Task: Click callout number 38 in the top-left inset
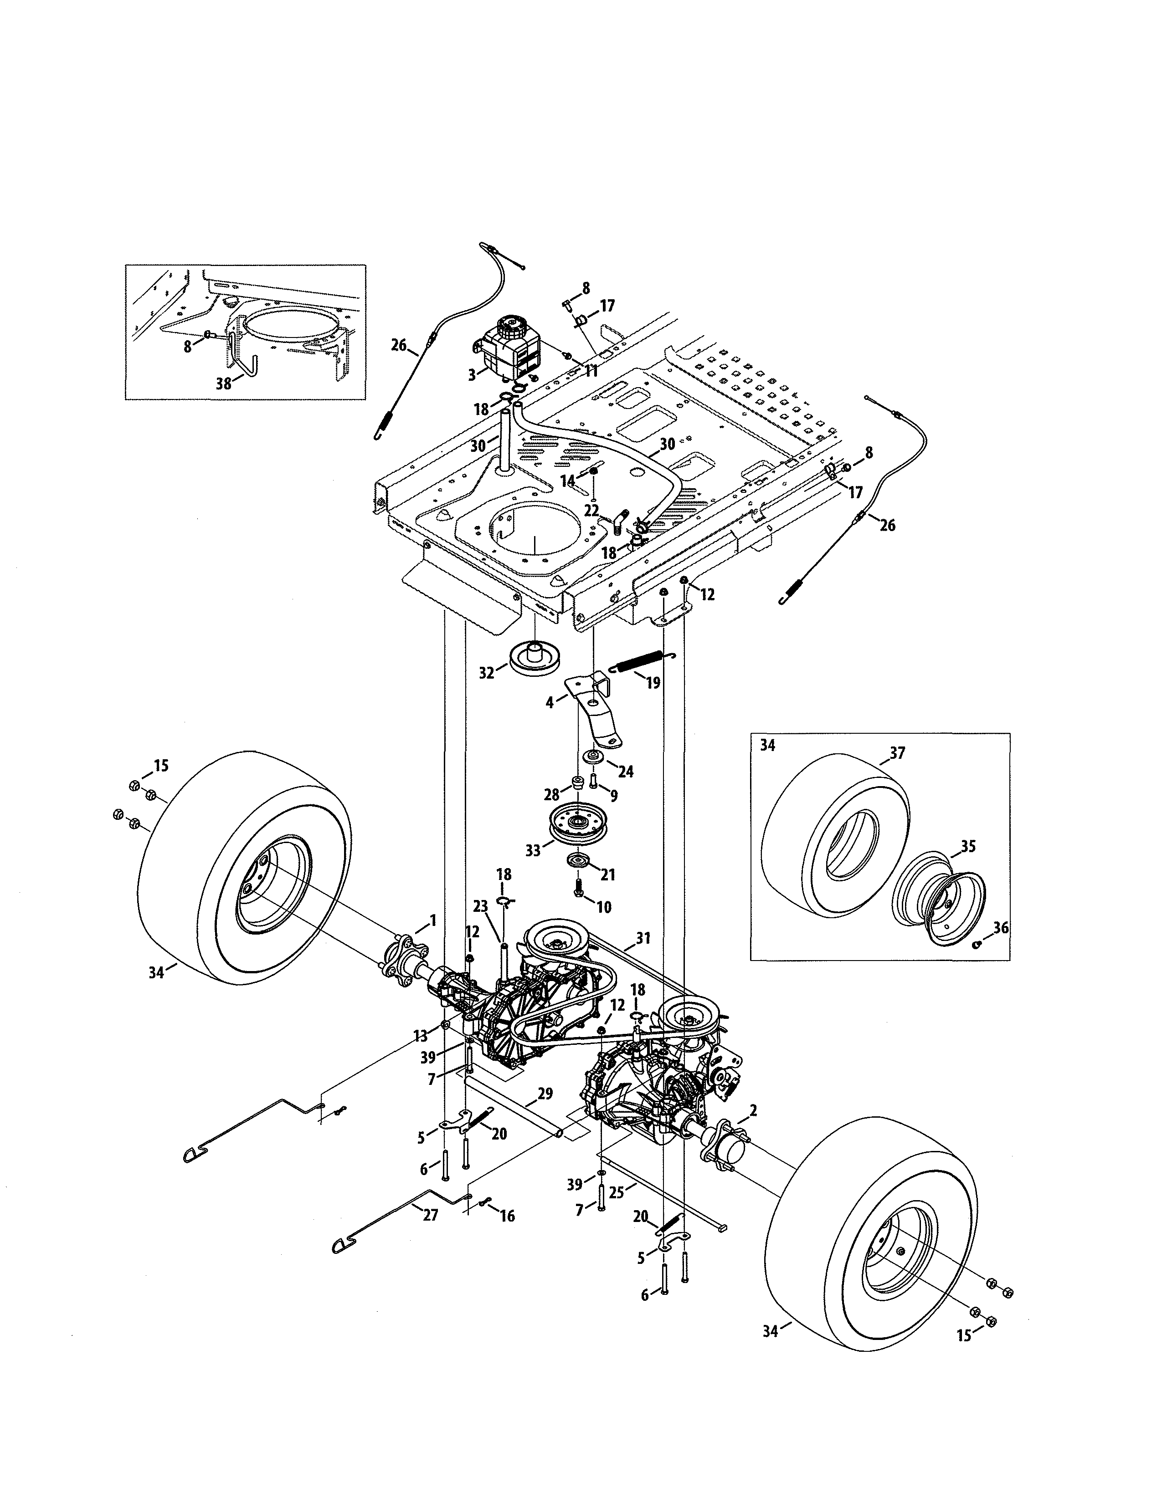(x=224, y=384)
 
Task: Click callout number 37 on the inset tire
(x=897, y=753)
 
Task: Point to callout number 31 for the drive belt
(x=643, y=937)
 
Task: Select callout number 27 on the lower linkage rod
(x=430, y=1215)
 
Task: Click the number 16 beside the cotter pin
(x=507, y=1216)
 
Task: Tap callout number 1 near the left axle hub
(x=432, y=920)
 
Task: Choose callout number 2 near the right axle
(x=754, y=1109)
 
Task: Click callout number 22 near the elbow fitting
(x=592, y=510)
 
